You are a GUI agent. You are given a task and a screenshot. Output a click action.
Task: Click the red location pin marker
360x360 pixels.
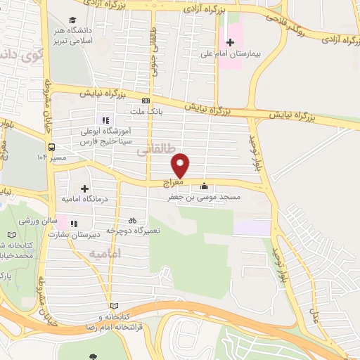coord(181,165)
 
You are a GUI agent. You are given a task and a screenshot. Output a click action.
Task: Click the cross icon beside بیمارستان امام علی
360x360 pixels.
coord(231,42)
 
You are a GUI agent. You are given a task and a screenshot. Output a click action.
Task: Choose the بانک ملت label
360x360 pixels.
coord(147,111)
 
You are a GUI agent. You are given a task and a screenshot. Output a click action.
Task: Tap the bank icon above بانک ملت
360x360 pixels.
coord(146,101)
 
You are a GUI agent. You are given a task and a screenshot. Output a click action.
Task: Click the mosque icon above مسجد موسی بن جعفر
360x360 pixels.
coord(205,186)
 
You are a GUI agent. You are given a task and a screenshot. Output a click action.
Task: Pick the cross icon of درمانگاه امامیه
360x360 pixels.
coord(85,188)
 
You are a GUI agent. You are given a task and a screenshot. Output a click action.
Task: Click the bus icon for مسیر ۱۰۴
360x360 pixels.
coord(53,148)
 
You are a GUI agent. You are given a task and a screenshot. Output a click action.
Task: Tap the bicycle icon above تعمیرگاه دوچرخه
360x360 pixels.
coord(133,219)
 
